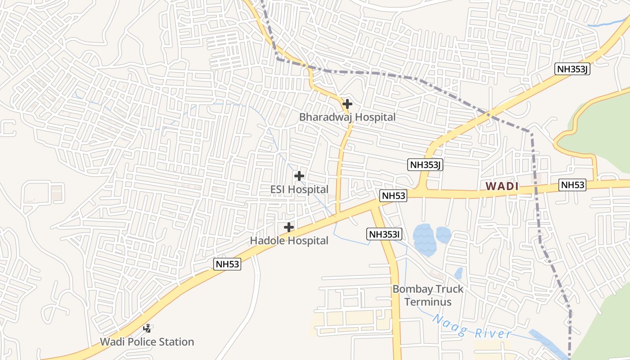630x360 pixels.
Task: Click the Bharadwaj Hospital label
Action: [347, 117]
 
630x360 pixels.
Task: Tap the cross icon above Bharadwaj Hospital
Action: [347, 104]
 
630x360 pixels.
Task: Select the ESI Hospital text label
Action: [299, 189]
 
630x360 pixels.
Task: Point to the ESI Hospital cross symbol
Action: [299, 176]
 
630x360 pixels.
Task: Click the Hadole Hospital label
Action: [289, 241]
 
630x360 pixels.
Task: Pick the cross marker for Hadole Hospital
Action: [289, 228]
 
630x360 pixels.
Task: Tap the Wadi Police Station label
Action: [147, 342]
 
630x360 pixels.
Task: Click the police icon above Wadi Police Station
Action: [147, 328]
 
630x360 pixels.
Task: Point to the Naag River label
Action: [472, 327]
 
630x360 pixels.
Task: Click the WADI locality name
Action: [502, 186]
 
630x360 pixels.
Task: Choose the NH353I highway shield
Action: [384, 234]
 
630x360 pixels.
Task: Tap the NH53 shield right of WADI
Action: [572, 184]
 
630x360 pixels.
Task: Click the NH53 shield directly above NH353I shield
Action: [393, 195]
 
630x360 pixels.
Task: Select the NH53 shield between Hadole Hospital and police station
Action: [227, 264]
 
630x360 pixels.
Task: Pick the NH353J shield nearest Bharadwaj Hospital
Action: [425, 165]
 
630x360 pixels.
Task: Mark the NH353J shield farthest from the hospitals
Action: [573, 69]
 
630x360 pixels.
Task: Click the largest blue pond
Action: [423, 240]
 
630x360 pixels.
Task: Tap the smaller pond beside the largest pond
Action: [443, 234]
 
